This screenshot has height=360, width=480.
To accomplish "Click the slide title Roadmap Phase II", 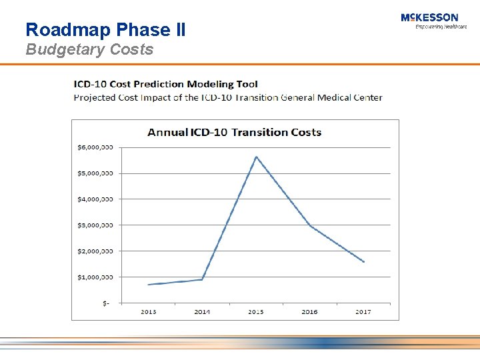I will coord(105,29).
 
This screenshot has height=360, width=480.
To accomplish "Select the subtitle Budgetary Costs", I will coord(89,49).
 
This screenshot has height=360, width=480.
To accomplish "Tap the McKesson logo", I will coord(429,21).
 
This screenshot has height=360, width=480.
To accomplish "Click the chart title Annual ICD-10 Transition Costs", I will coord(235,132).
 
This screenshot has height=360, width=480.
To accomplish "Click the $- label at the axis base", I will coord(107,303).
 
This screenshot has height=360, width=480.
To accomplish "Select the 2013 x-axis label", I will coord(148,312).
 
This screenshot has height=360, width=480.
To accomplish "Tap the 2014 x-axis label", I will coord(202,312).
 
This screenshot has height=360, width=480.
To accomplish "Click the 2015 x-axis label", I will coord(256,312).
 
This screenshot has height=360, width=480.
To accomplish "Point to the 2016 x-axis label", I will coord(310,312).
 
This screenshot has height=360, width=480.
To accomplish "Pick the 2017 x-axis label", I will coord(363,312).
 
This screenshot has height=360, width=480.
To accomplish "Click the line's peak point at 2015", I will coord(256,157).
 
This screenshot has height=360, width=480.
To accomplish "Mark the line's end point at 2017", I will coord(364,262).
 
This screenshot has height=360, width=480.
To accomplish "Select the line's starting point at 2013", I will coord(148,285).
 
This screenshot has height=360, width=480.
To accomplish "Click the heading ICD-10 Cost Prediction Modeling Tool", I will coord(165,84).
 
